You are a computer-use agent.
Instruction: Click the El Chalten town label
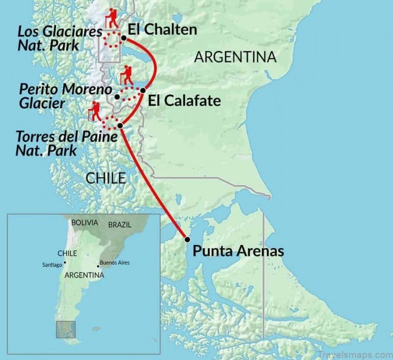(162, 30)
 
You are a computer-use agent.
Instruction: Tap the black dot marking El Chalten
(123, 37)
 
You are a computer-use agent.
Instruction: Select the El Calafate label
(184, 101)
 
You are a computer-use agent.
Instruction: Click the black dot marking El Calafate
(143, 90)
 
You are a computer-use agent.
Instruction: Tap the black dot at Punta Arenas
(188, 239)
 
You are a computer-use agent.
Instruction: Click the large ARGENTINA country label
(235, 57)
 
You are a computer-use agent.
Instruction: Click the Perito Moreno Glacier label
(58, 96)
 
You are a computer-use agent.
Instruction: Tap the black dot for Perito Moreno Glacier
(117, 96)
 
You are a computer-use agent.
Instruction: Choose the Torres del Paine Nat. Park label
(59, 143)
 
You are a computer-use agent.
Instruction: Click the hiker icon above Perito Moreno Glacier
(127, 75)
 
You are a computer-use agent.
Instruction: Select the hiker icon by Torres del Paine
(94, 111)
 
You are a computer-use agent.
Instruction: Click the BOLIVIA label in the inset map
(85, 223)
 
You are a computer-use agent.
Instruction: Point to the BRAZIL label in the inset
(120, 225)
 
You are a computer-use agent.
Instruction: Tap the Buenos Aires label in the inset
(115, 262)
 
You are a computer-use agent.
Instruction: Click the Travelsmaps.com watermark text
(352, 347)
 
